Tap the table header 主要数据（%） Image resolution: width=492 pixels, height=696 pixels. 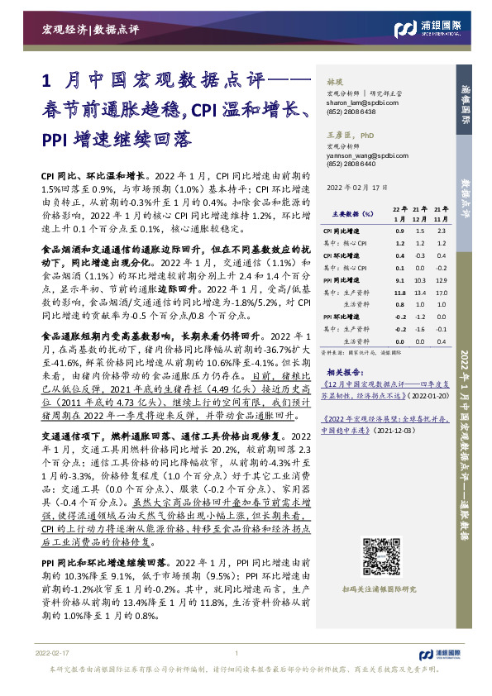click(341, 213)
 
